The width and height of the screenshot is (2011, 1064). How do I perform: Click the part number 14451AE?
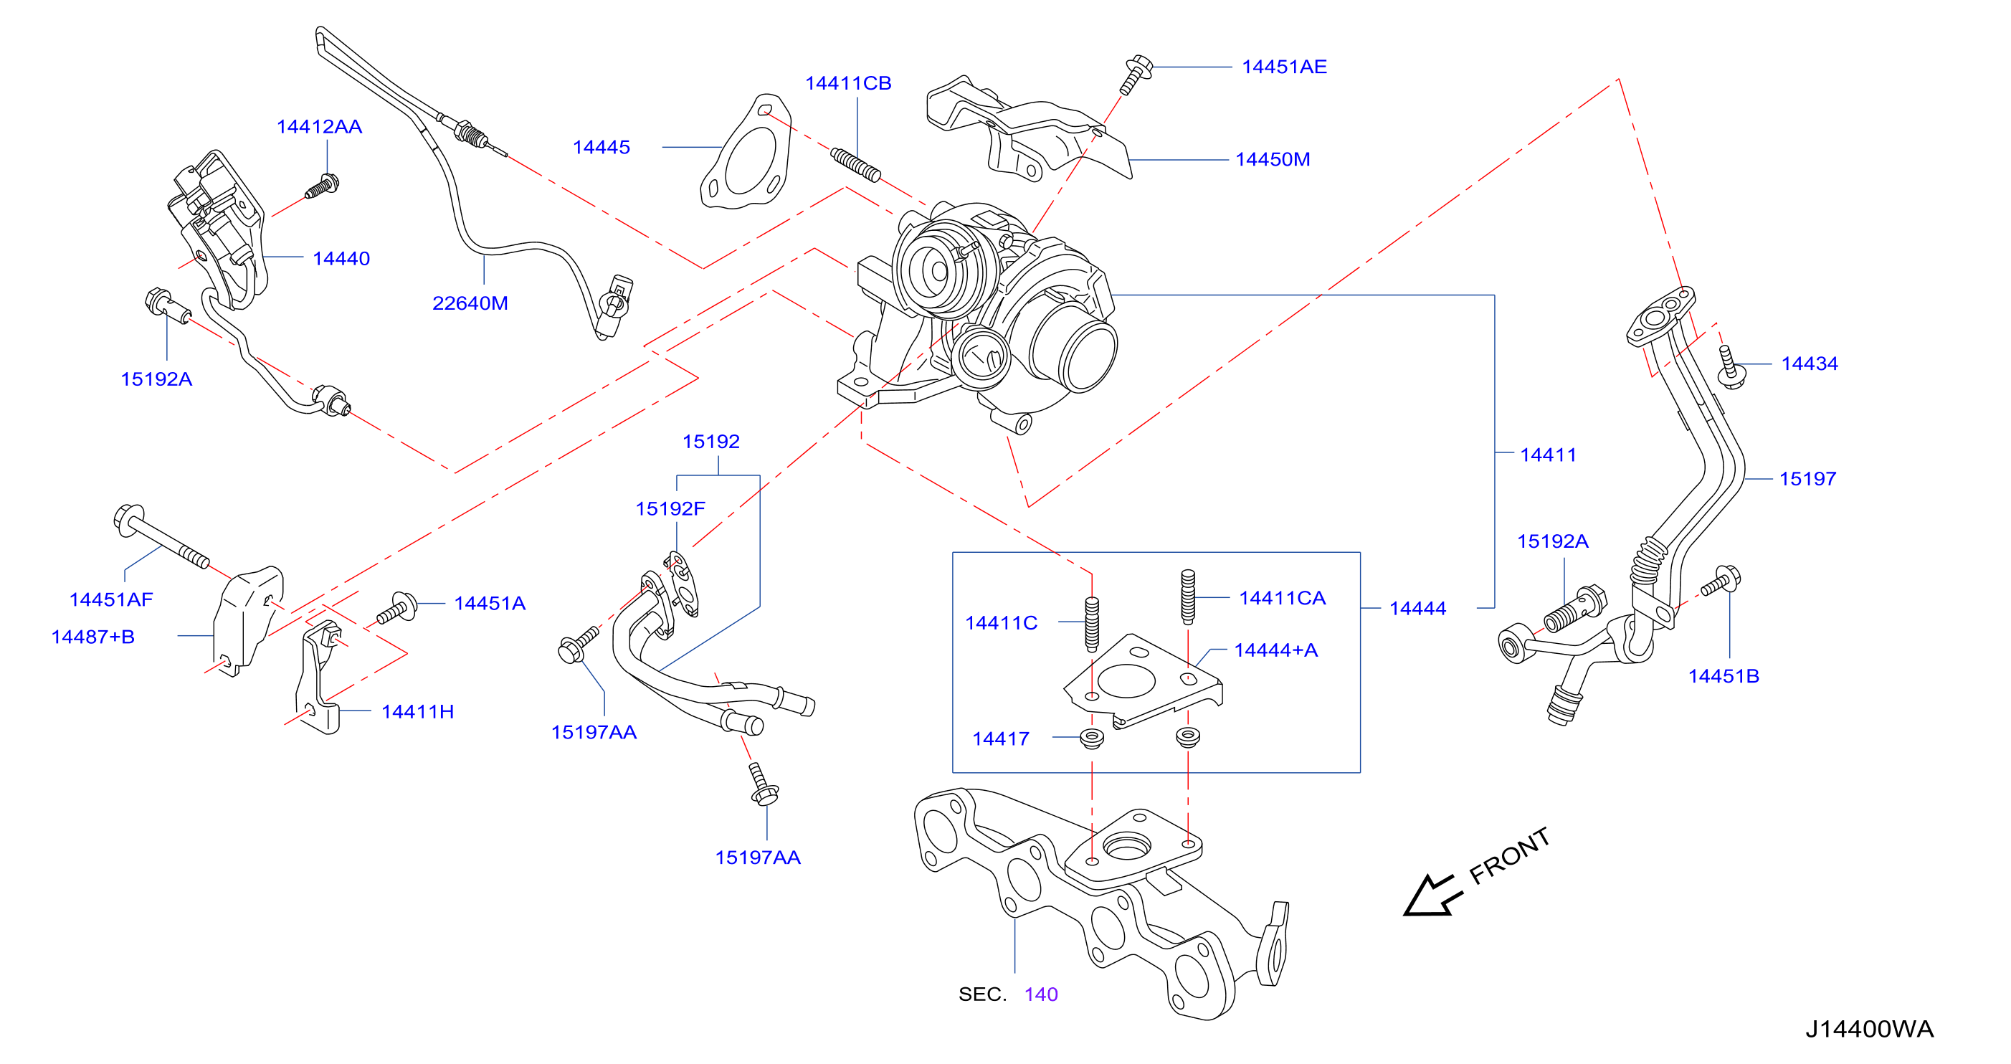click(x=1283, y=67)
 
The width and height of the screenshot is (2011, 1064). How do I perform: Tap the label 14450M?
click(x=1272, y=159)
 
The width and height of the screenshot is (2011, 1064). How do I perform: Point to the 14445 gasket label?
click(x=601, y=147)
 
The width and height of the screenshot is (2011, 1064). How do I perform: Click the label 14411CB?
click(x=848, y=82)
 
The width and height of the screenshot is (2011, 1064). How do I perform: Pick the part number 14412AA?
click(x=319, y=126)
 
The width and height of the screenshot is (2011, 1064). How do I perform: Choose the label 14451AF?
click(x=111, y=599)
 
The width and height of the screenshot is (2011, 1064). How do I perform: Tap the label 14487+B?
click(x=93, y=637)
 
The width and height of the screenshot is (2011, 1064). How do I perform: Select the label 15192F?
click(x=670, y=509)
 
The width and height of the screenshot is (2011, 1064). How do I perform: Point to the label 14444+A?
click(x=1275, y=650)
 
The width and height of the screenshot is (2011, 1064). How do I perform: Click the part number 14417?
click(x=1001, y=738)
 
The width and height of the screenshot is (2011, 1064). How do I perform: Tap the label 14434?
click(x=1810, y=364)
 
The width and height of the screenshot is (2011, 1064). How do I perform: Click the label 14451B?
click(x=1724, y=676)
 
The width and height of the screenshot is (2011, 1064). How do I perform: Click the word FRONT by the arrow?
click(x=1509, y=856)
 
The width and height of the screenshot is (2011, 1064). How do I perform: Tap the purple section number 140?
click(x=1041, y=994)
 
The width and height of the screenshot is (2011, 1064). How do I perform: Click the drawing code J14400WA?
click(x=1869, y=1029)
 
